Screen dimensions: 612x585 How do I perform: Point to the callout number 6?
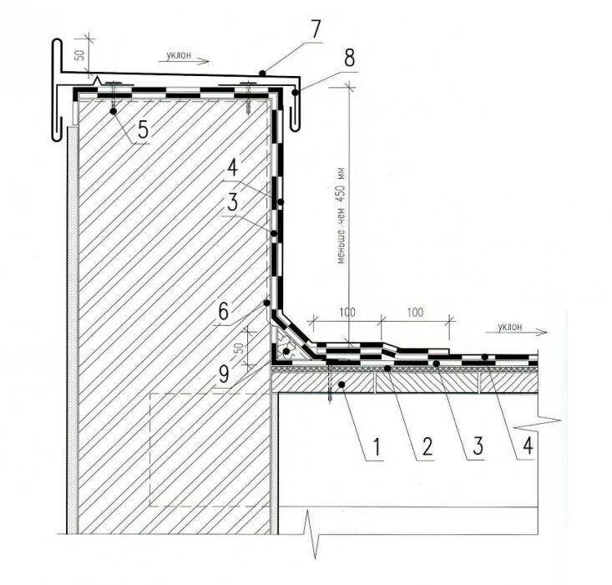click(224, 311)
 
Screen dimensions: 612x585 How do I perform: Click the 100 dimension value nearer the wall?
click(347, 312)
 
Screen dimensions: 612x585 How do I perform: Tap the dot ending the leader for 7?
click(261, 74)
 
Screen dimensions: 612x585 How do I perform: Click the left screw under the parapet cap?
click(111, 90)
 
